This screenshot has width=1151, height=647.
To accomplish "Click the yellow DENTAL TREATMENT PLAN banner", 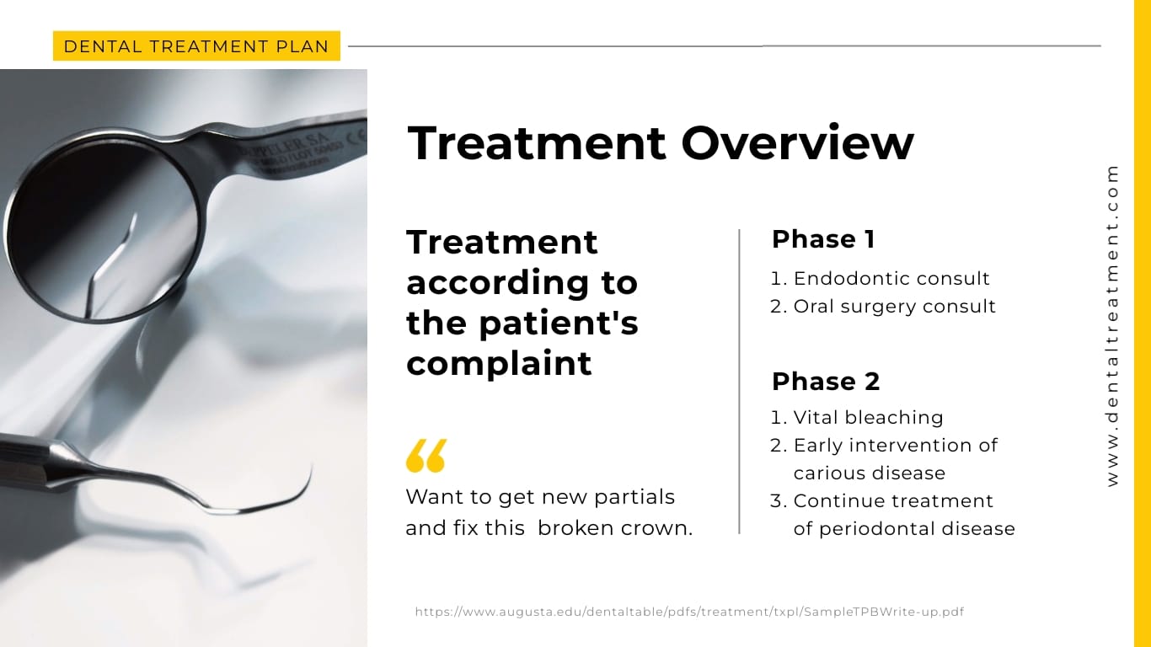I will [196, 46].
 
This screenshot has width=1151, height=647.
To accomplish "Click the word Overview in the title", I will [797, 142].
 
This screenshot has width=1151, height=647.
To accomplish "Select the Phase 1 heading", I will [823, 239].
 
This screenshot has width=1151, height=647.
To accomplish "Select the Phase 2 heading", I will [826, 382].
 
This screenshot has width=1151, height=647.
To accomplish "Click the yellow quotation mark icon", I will [426, 456].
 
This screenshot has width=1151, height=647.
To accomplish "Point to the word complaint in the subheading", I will [499, 363].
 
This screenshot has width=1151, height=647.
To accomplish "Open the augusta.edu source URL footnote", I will [689, 612].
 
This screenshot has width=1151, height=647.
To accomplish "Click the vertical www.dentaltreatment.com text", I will [1113, 325].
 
